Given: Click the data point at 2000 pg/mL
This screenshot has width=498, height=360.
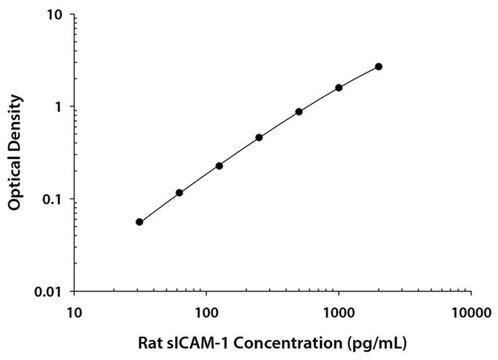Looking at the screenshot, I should pos(378,67).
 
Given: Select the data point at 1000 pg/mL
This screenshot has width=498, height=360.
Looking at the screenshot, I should pos(339,87).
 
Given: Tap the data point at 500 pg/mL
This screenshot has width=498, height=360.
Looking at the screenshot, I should pos(299,112).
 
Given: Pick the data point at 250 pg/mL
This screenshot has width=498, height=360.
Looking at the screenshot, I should pos(259,138).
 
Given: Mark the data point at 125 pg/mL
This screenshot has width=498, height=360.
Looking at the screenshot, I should pos(219,165).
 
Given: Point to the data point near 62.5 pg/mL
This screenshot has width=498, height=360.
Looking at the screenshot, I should pos(179,193).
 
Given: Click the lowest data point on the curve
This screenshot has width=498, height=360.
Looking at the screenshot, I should pos(139,222).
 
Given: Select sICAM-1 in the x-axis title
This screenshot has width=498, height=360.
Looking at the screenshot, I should pos(201,342).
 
